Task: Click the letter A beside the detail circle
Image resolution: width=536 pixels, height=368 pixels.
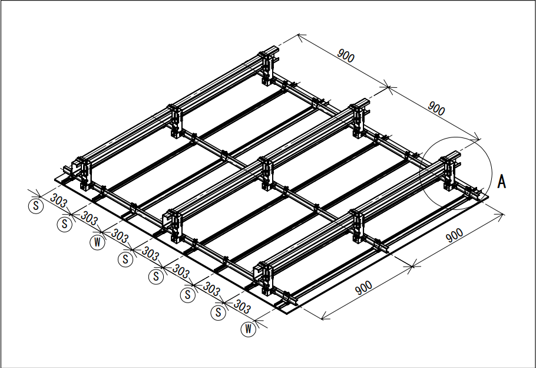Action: (x=501, y=182)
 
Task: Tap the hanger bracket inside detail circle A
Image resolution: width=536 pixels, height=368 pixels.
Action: (x=448, y=173)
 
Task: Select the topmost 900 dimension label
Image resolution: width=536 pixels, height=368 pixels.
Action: (x=346, y=55)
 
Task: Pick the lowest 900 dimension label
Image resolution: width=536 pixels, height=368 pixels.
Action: (x=364, y=288)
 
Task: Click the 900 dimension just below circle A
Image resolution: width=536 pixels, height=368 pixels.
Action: (x=455, y=235)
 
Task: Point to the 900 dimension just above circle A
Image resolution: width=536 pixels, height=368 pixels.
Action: (x=436, y=109)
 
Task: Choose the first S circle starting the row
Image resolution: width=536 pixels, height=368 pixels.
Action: (x=35, y=206)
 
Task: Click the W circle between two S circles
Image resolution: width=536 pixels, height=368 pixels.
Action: (x=97, y=242)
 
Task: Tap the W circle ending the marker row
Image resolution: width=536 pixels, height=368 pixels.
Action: (x=248, y=329)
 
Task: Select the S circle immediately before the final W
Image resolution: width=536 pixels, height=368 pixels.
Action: (x=218, y=312)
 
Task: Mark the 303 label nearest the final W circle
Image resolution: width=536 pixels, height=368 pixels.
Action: (x=242, y=307)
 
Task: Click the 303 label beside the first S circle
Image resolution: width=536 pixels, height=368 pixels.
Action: (x=59, y=201)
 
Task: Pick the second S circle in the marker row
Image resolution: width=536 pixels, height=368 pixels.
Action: (x=65, y=224)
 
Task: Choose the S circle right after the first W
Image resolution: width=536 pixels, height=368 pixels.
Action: (x=125, y=259)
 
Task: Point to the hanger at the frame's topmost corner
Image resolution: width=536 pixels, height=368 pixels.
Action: (x=267, y=68)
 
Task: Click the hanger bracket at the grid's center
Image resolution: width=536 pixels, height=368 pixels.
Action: (x=267, y=173)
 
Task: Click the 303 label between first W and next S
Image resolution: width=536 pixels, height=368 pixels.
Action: (x=120, y=236)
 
